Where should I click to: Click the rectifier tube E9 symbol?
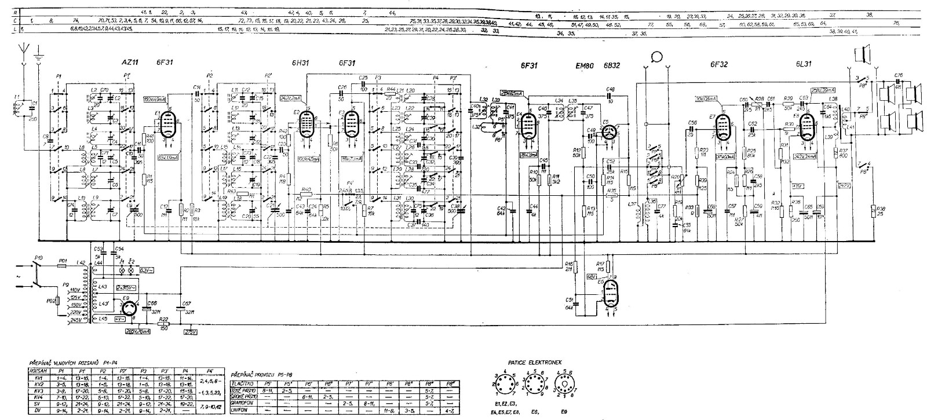(128, 306)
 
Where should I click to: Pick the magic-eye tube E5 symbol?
(608, 133)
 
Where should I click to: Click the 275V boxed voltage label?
(191, 332)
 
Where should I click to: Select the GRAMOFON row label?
(244, 401)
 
